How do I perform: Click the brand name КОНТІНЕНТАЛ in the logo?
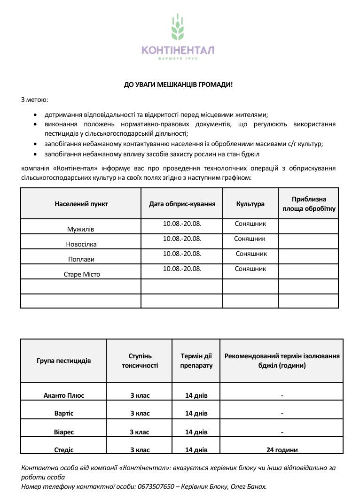[178, 50]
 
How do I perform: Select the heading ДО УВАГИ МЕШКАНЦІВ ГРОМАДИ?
[178, 85]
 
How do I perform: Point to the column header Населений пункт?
[81, 204]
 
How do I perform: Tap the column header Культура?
[250, 204]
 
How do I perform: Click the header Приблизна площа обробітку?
[308, 204]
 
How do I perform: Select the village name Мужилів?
[81, 230]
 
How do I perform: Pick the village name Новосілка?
[81, 245]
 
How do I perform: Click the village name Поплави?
[81, 260]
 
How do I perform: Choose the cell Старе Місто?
[82, 274]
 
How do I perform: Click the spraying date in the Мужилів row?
[182, 224]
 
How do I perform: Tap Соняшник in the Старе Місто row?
[250, 269]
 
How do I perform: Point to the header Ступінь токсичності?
[140, 361]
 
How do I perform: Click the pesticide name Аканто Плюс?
[64, 395]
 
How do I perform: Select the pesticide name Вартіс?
[64, 413]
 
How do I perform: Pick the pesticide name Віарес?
[64, 432]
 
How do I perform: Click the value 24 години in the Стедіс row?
[282, 450]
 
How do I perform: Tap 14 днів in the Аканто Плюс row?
[196, 395]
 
